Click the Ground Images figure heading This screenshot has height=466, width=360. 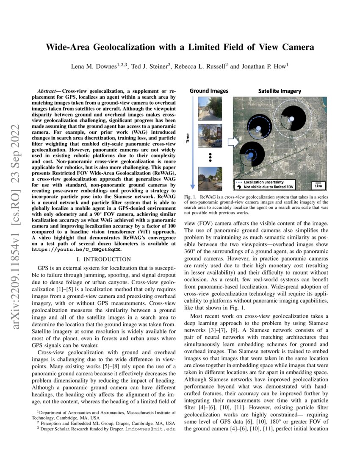(x=209, y=91)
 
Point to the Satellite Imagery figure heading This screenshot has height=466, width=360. (x=280, y=91)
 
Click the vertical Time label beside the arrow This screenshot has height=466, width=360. (x=188, y=138)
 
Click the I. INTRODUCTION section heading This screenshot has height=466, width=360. (x=104, y=259)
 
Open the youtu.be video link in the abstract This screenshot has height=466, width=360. (x=77, y=250)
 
